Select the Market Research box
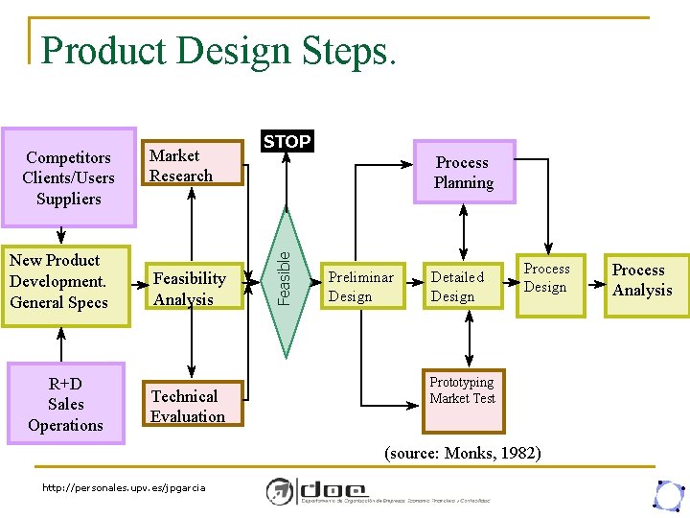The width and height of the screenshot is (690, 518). (193, 164)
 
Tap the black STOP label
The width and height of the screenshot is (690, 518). (287, 142)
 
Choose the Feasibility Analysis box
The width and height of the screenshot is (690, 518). (193, 288)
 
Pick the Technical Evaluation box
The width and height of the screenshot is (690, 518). (193, 405)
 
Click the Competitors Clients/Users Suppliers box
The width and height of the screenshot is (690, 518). (68, 177)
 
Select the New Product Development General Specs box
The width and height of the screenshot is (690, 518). (64, 282)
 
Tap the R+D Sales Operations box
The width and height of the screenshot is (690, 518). (66, 404)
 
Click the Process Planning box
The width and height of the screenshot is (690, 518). (464, 173)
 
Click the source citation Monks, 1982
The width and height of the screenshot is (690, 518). (462, 452)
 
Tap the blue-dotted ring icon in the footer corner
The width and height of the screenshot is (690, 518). (667, 493)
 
